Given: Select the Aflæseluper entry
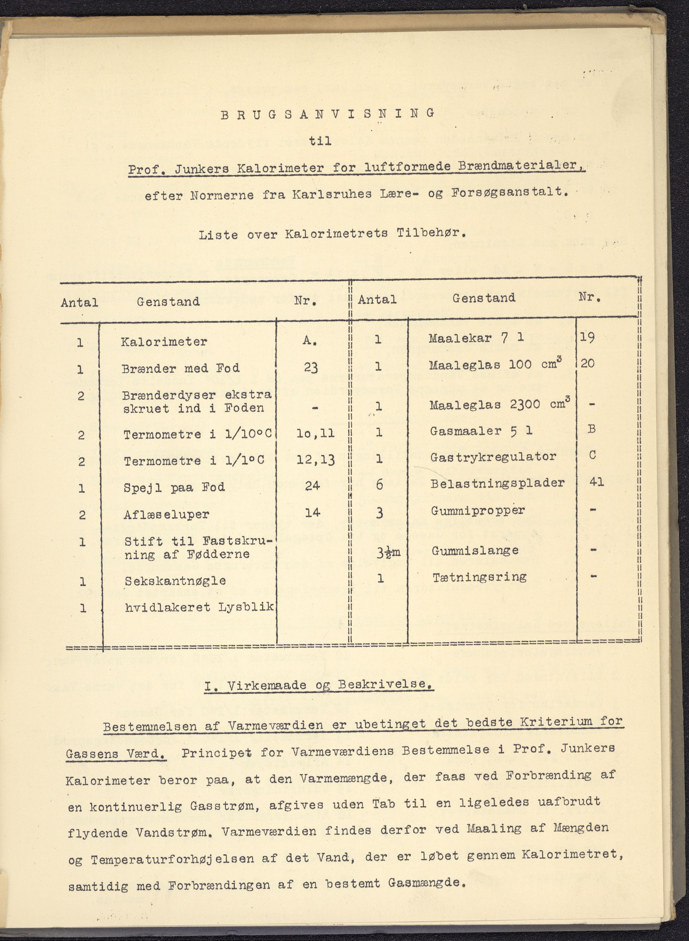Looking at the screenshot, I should click(166, 514).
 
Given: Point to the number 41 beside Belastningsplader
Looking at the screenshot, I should click(596, 482).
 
